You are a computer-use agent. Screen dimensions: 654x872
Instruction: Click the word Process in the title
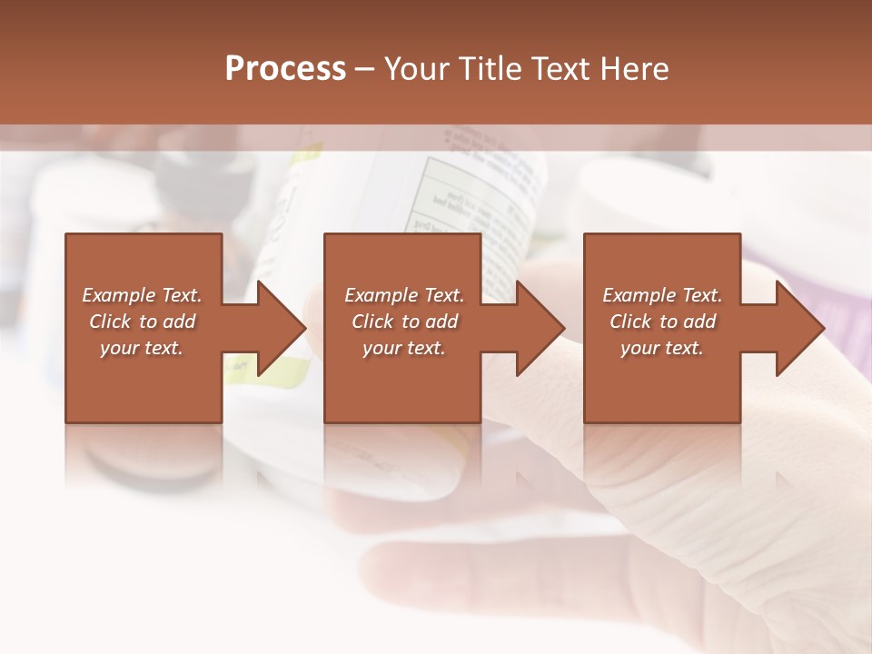click(285, 69)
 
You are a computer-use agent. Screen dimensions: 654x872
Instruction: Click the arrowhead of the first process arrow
click(282, 328)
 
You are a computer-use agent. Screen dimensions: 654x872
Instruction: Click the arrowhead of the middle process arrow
click(541, 328)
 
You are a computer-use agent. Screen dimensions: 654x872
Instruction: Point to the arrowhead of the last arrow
click(800, 328)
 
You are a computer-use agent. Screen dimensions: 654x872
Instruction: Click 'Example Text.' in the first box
click(142, 295)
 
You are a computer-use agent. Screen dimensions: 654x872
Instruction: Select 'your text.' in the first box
click(142, 348)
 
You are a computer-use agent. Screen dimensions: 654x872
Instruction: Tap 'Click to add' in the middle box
click(404, 322)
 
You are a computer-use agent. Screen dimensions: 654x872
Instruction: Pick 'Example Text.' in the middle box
click(404, 295)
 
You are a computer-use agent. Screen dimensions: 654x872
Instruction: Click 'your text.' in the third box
click(662, 348)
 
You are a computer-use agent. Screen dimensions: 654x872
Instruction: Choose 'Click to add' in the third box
click(662, 322)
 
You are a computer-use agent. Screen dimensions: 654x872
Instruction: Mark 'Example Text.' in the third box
click(662, 295)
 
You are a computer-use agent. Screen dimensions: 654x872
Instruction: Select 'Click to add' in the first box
click(142, 322)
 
